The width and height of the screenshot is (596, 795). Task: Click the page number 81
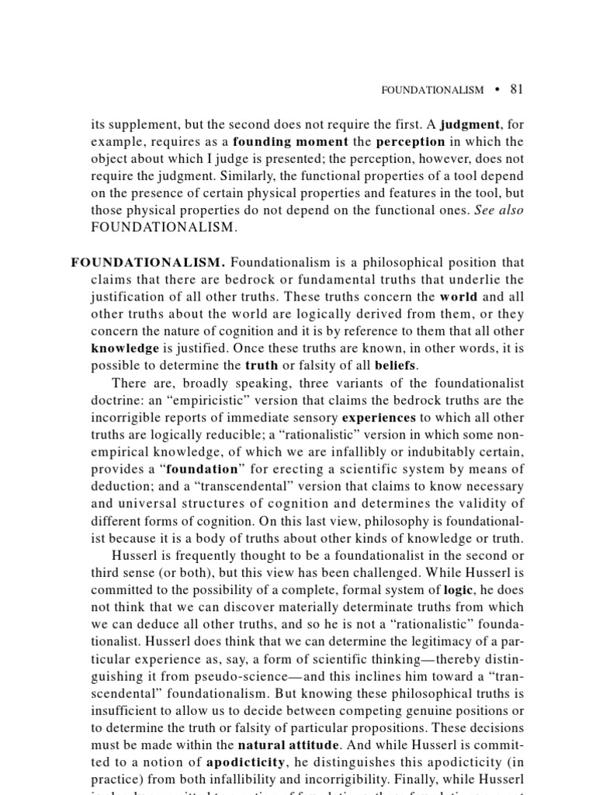tap(517, 89)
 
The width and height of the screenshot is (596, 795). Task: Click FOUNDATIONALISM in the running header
tap(432, 90)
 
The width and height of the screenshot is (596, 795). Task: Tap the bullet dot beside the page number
tap(495, 89)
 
